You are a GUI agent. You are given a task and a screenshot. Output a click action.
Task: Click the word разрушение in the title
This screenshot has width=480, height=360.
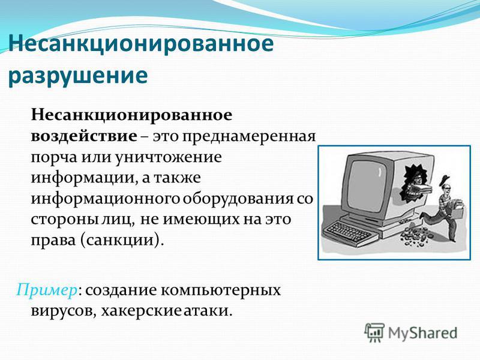point(78,76)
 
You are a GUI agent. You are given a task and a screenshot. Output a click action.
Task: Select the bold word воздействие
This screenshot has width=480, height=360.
point(84,136)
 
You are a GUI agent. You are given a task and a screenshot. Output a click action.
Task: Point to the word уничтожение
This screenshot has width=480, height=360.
point(169,157)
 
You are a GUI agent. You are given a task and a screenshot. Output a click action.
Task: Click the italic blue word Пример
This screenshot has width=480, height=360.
point(46,290)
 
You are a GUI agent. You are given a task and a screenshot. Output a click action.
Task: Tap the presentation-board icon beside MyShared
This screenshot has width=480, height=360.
point(374,332)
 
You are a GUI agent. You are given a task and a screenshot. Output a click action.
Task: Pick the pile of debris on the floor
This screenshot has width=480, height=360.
point(414,235)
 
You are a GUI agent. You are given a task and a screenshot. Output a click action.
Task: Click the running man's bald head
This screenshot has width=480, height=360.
point(446,189)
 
